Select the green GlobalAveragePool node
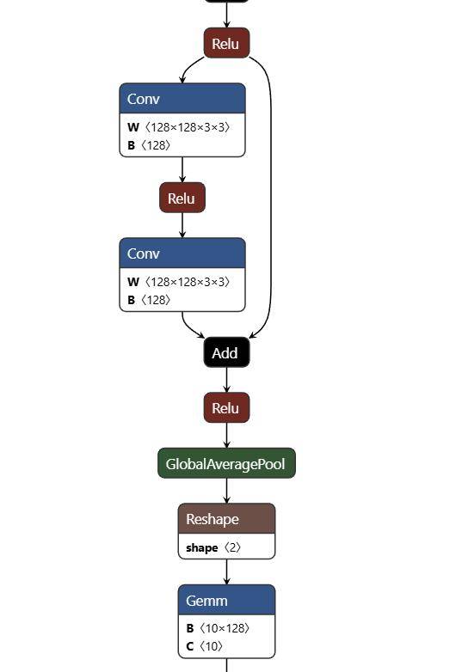tap(226, 464)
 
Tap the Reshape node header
tap(226, 519)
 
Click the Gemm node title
tap(226, 600)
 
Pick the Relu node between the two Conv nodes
tap(182, 199)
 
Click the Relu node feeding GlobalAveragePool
tap(226, 408)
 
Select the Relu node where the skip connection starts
tap(226, 44)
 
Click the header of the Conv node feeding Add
tap(182, 254)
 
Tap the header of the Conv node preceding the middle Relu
tap(182, 99)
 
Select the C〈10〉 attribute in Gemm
tap(205, 646)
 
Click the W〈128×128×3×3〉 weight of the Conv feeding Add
tap(179, 282)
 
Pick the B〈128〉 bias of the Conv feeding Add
tap(150, 300)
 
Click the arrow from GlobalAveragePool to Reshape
tap(226, 490)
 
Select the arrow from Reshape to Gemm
tap(226, 571)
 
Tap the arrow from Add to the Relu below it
tap(226, 380)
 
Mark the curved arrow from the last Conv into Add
tap(190, 327)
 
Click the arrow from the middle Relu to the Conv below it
tap(182, 224)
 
